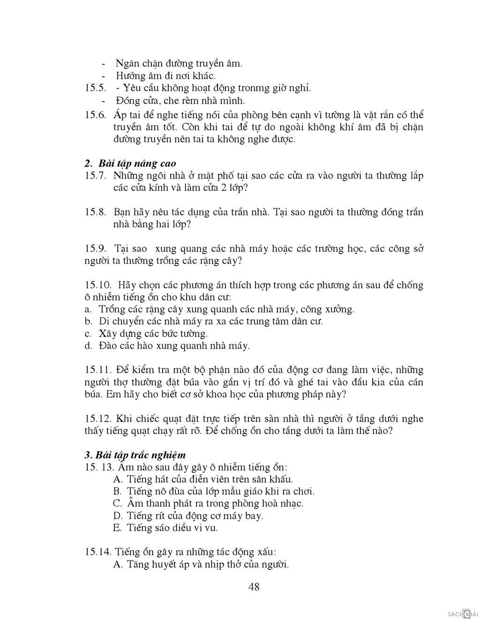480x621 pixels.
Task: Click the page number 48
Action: [254, 587]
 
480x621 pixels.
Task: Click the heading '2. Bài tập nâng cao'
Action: [131, 163]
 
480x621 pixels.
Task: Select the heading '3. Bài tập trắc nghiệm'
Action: [135, 455]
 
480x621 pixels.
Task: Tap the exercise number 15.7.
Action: [96, 176]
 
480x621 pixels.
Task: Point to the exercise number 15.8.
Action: [96, 212]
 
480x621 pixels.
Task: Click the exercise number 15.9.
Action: [96, 248]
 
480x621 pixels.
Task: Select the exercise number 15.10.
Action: [98, 285]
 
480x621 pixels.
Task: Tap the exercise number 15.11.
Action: [98, 370]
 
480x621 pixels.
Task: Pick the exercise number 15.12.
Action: [98, 419]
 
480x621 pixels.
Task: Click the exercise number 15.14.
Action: [97, 552]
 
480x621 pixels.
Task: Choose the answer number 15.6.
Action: [96, 115]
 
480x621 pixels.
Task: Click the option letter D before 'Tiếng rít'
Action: [118, 516]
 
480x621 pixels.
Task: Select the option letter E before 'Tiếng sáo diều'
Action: [118, 528]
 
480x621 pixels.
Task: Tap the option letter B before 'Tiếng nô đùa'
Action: [117, 491]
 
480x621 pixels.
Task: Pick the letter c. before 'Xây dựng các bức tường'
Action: [88, 334]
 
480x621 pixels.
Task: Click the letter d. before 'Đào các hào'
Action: [88, 346]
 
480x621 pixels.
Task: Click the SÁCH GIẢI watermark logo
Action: [462, 614]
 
